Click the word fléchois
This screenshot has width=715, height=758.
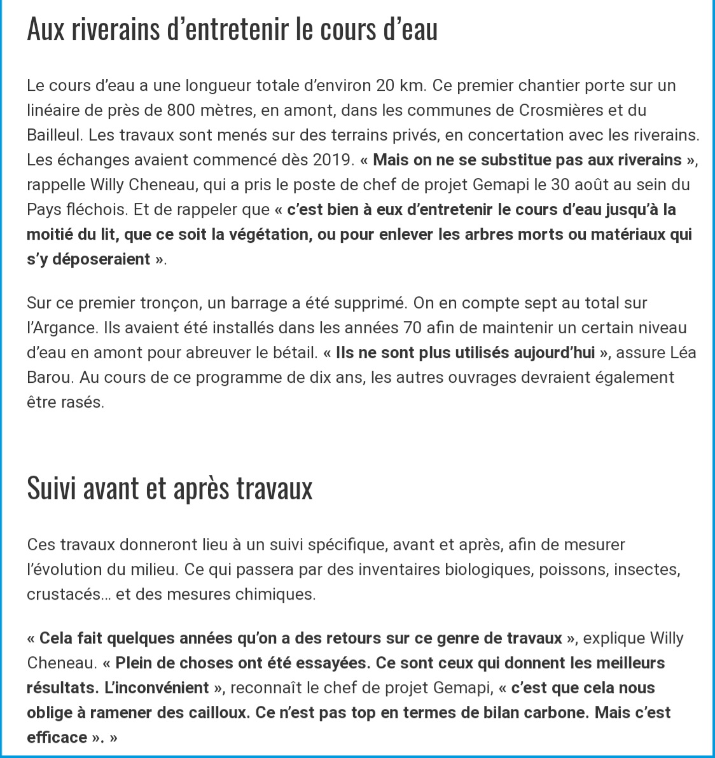(96, 210)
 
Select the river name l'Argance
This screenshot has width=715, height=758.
(55, 328)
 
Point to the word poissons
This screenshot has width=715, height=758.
(571, 569)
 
